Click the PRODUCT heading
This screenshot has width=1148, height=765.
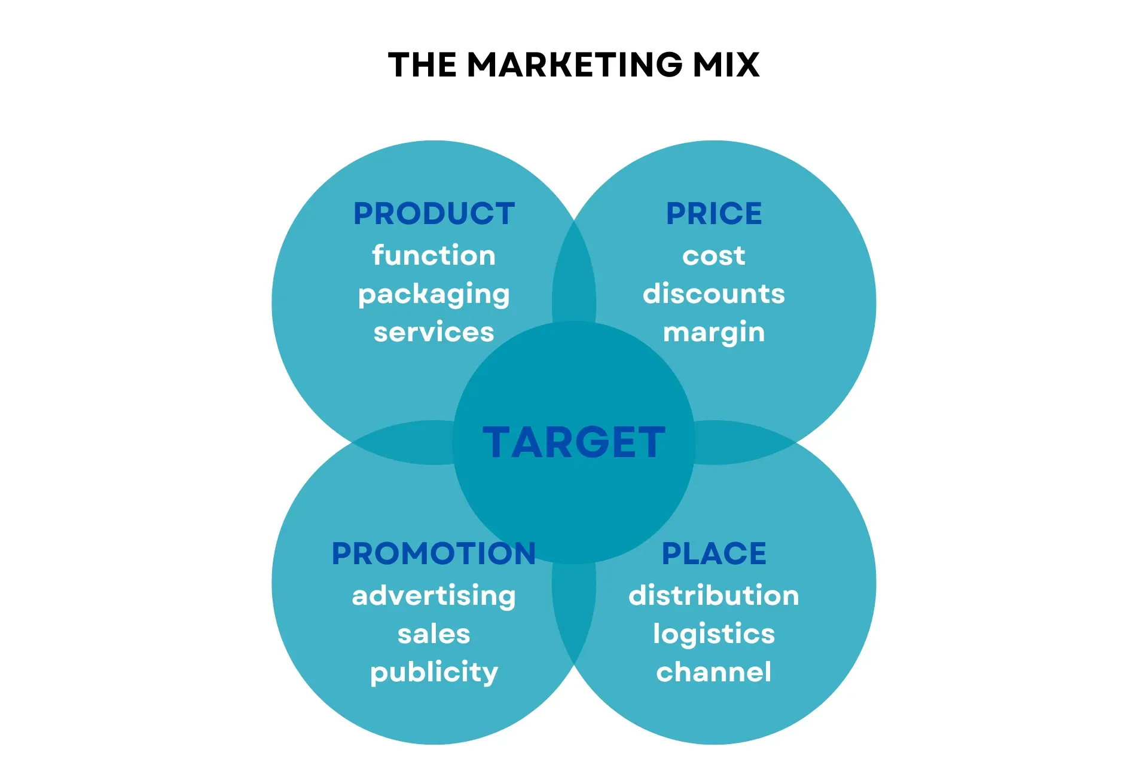click(433, 213)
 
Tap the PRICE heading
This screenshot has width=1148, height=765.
click(714, 213)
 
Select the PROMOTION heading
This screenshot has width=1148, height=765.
click(433, 553)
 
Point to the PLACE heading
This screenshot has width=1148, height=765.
click(714, 553)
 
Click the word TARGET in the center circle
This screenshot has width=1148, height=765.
click(574, 442)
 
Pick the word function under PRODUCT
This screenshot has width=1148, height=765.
click(433, 255)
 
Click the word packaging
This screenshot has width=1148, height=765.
click(433, 294)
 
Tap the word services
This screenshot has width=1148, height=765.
click(433, 332)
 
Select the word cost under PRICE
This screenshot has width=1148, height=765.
click(714, 256)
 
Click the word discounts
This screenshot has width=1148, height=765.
click(714, 293)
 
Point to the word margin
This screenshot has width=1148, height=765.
click(714, 332)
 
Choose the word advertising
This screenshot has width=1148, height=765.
click(433, 595)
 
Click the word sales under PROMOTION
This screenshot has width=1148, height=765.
click(433, 634)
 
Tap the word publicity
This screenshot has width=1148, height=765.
click(433, 672)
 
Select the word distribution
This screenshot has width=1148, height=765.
click(714, 595)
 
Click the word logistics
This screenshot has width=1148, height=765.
click(714, 634)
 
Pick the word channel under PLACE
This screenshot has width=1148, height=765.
click(714, 672)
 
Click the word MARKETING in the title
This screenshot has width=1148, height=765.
click(575, 65)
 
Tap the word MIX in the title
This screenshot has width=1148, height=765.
click(726, 65)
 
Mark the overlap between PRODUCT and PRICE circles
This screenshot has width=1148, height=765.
click(574, 275)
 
